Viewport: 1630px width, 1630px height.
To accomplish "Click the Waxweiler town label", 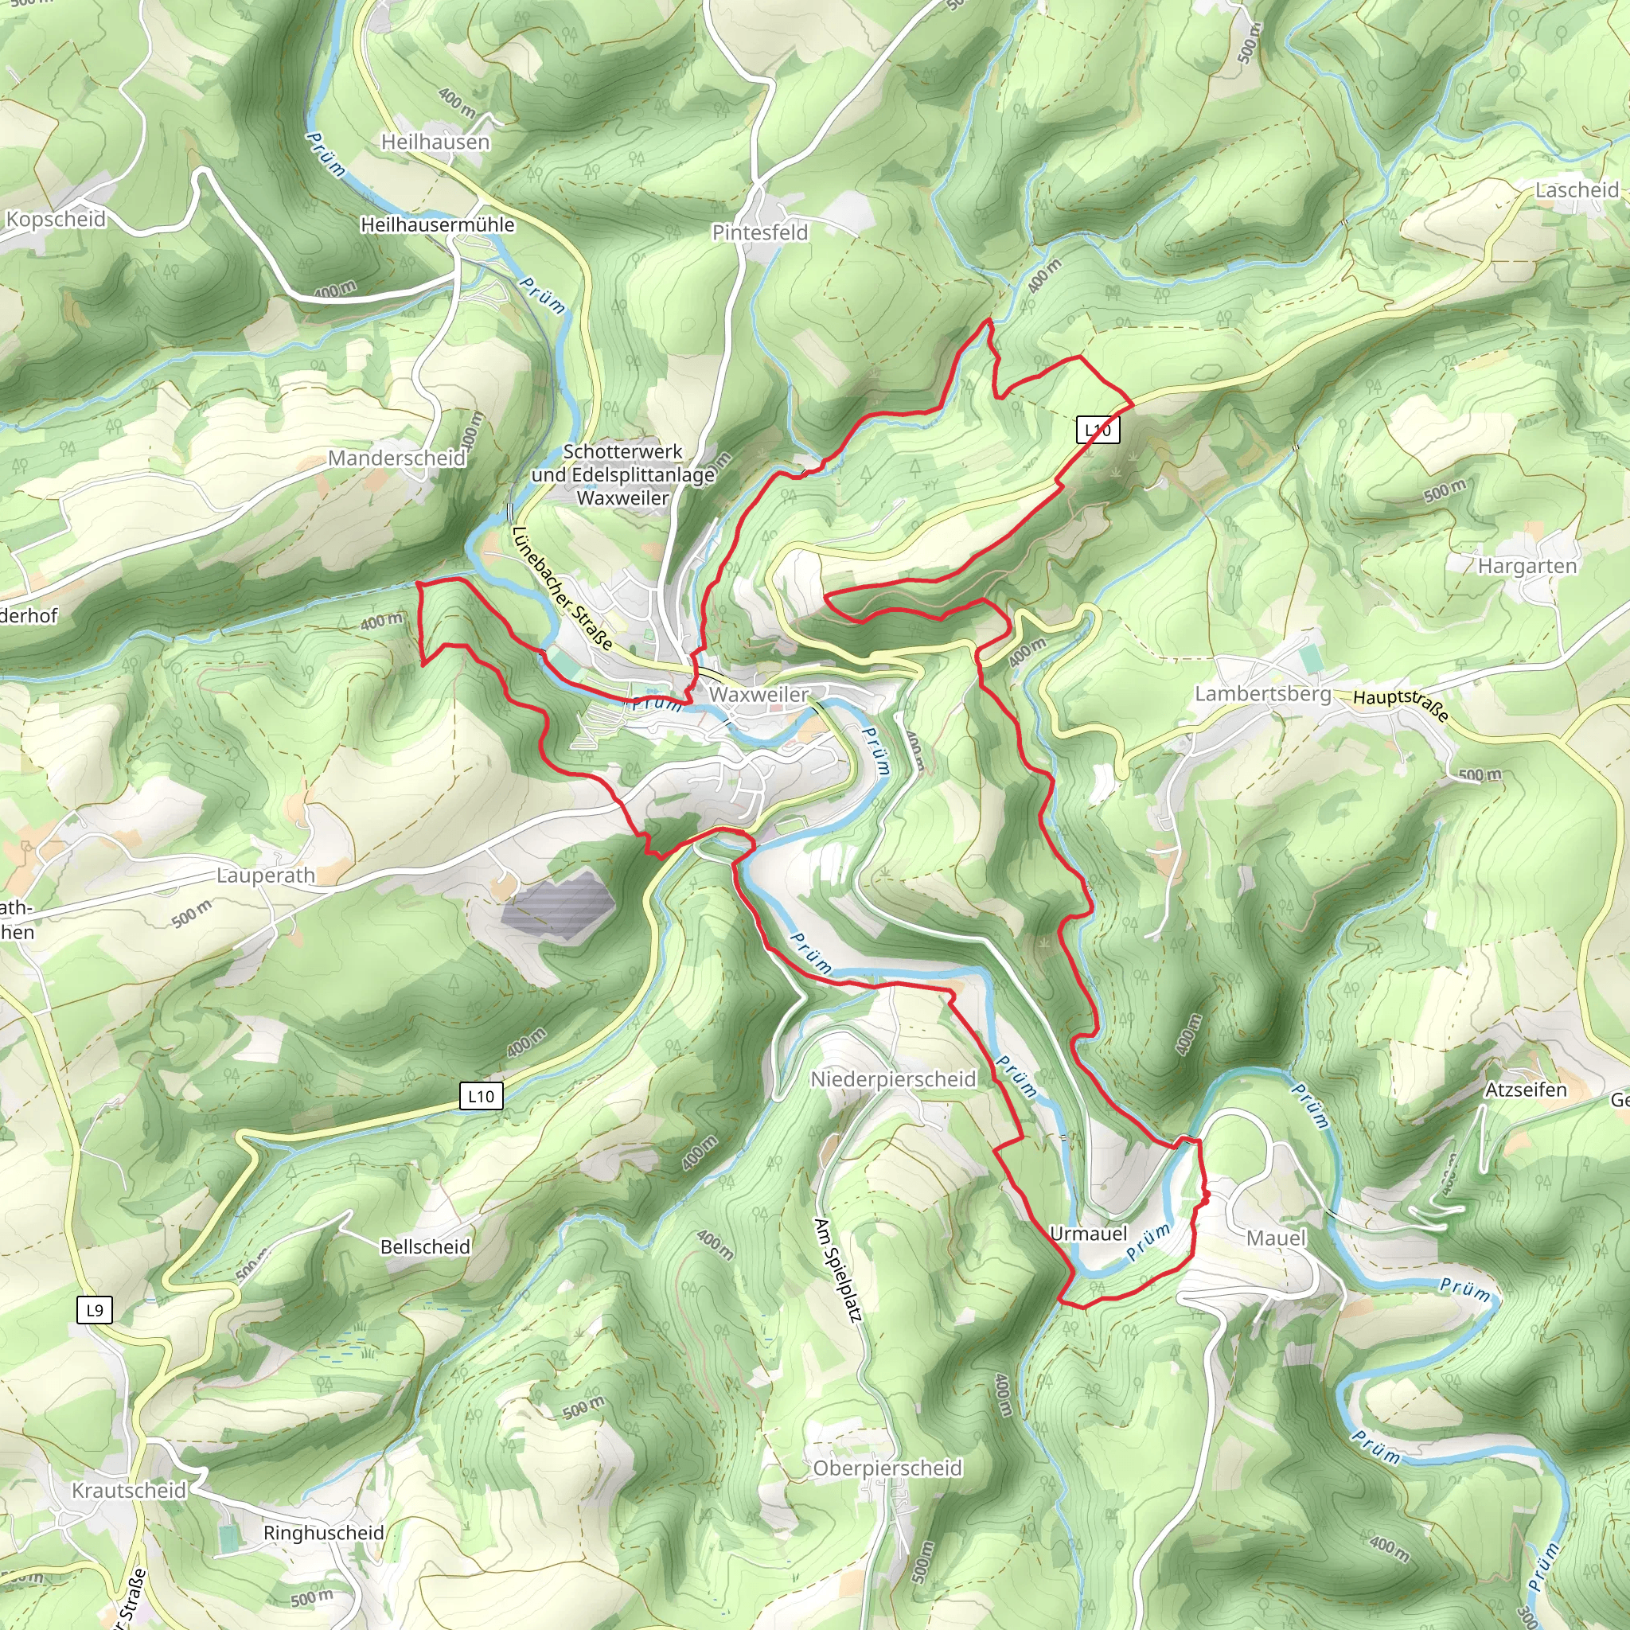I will (758, 693).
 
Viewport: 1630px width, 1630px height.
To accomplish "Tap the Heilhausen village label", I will (435, 142).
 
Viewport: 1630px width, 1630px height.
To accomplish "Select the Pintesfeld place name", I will (759, 232).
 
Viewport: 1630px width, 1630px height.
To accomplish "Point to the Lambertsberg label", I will (1262, 693).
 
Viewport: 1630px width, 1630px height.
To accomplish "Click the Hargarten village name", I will (1527, 565).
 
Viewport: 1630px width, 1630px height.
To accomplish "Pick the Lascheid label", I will (1576, 190).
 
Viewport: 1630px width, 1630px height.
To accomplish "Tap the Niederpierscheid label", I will (893, 1079).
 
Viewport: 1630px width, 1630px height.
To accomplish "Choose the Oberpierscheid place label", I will (887, 1468).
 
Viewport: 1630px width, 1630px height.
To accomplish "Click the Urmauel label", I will (1088, 1234).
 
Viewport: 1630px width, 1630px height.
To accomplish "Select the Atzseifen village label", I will (1526, 1090).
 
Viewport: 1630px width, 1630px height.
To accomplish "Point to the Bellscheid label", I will (425, 1247).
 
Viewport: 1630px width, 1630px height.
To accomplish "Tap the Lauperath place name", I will (265, 875).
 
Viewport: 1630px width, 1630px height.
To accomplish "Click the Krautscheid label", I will (128, 1490).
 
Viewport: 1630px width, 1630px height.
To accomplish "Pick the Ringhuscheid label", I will (323, 1533).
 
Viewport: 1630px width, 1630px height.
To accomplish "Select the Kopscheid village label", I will (56, 220).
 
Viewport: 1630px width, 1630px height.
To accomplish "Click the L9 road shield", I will (95, 1310).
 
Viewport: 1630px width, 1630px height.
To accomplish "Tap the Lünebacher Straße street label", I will (562, 588).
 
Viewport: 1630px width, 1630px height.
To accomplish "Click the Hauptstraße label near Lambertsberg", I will (1402, 705).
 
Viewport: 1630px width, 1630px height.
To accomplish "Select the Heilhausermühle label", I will (437, 224).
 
